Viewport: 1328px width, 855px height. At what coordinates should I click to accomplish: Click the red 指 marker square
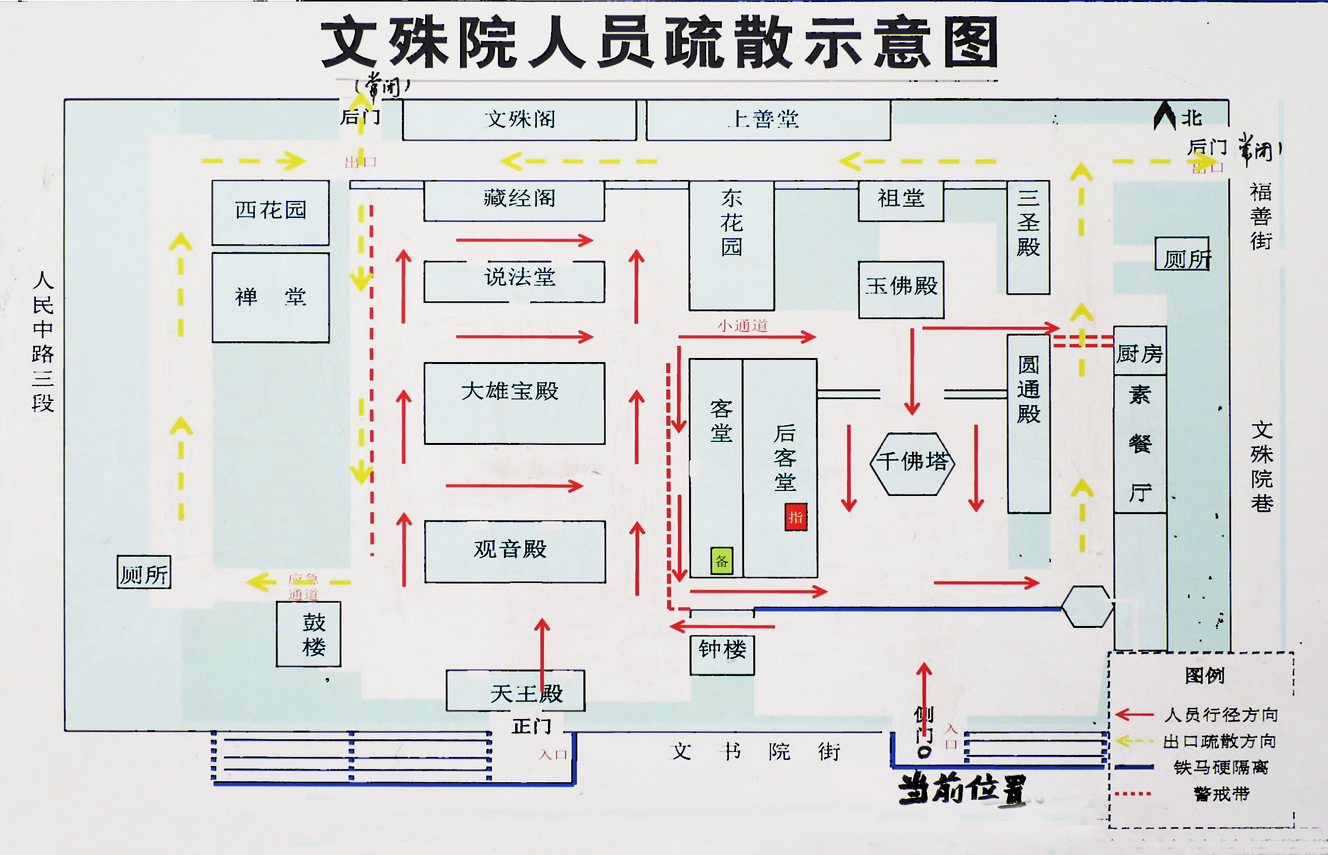point(795,517)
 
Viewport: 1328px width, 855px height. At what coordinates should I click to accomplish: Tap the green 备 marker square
point(721,560)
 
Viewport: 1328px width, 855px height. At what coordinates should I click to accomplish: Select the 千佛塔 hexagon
point(912,464)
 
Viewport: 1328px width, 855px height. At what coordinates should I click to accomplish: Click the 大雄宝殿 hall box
point(515,403)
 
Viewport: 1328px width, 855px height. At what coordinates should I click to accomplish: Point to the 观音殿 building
point(515,551)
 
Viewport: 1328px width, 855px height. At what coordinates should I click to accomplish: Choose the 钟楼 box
point(722,655)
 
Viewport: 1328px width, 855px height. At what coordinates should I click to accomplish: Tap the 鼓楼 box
point(308,634)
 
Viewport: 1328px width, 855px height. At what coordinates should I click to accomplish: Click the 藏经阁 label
point(520,198)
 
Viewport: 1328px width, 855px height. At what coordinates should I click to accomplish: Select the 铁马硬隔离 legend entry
point(1221,768)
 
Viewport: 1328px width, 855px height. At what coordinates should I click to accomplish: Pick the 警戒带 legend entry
point(1221,794)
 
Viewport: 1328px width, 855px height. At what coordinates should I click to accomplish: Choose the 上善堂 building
point(768,120)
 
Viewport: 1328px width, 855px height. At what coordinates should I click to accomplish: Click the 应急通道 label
point(303,587)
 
